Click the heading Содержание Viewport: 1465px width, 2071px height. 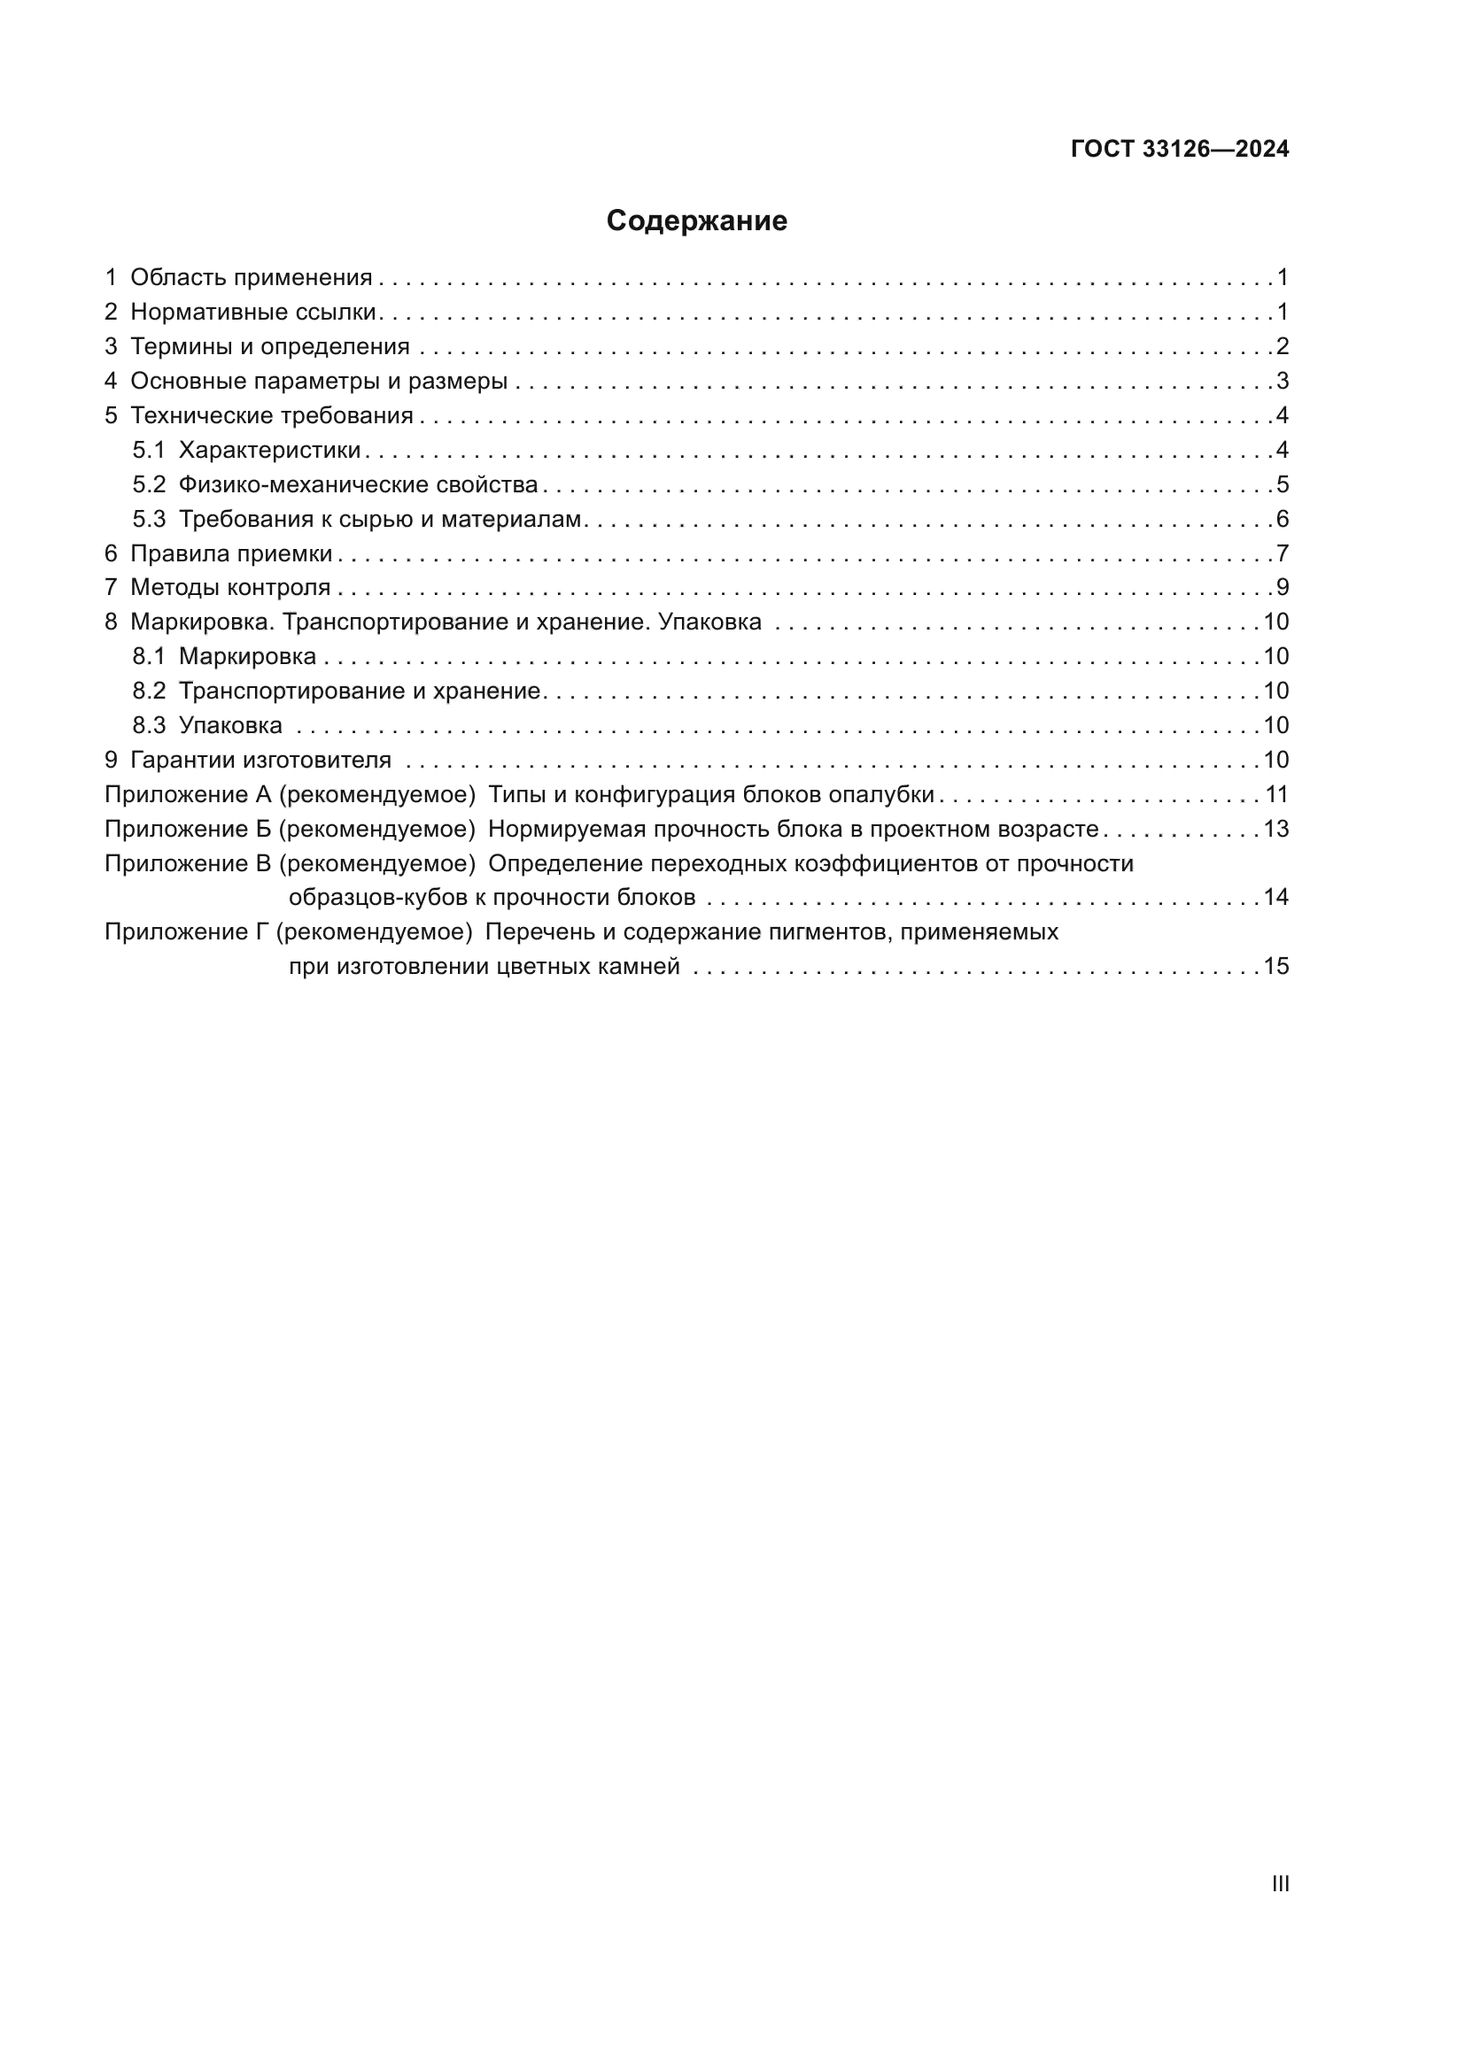pyautogui.click(x=696, y=221)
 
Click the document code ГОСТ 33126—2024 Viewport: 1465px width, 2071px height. pyautogui.click(x=1180, y=150)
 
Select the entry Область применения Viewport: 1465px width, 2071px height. pyautogui.click(x=251, y=278)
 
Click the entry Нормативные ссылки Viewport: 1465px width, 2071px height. pyautogui.click(x=252, y=312)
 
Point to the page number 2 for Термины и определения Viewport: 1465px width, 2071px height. pyautogui.click(x=1283, y=346)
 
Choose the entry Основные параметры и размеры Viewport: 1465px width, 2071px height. pyautogui.click(x=319, y=382)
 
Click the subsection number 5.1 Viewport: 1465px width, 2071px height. pyautogui.click(x=149, y=450)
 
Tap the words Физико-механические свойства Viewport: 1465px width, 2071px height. pyautogui.click(x=358, y=485)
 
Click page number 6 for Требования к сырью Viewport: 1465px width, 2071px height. pyautogui.click(x=1283, y=520)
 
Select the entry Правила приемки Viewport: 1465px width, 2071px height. pyautogui.click(x=231, y=553)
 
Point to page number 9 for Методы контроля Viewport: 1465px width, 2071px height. pyautogui.click(x=1283, y=588)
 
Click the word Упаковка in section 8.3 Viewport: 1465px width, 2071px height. pyautogui.click(x=230, y=726)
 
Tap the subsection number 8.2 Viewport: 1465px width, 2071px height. pyautogui.click(x=149, y=692)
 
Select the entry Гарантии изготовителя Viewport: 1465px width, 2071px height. pyautogui.click(x=260, y=761)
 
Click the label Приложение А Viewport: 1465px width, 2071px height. pyautogui.click(x=189, y=794)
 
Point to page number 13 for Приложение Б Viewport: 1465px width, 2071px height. pyautogui.click(x=1275, y=829)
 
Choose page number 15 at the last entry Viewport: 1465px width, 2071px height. pyautogui.click(x=1275, y=967)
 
